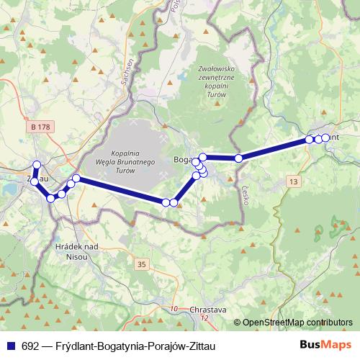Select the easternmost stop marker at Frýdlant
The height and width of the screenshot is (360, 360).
[325, 138]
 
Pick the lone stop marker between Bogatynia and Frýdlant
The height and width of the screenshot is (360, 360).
[238, 158]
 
